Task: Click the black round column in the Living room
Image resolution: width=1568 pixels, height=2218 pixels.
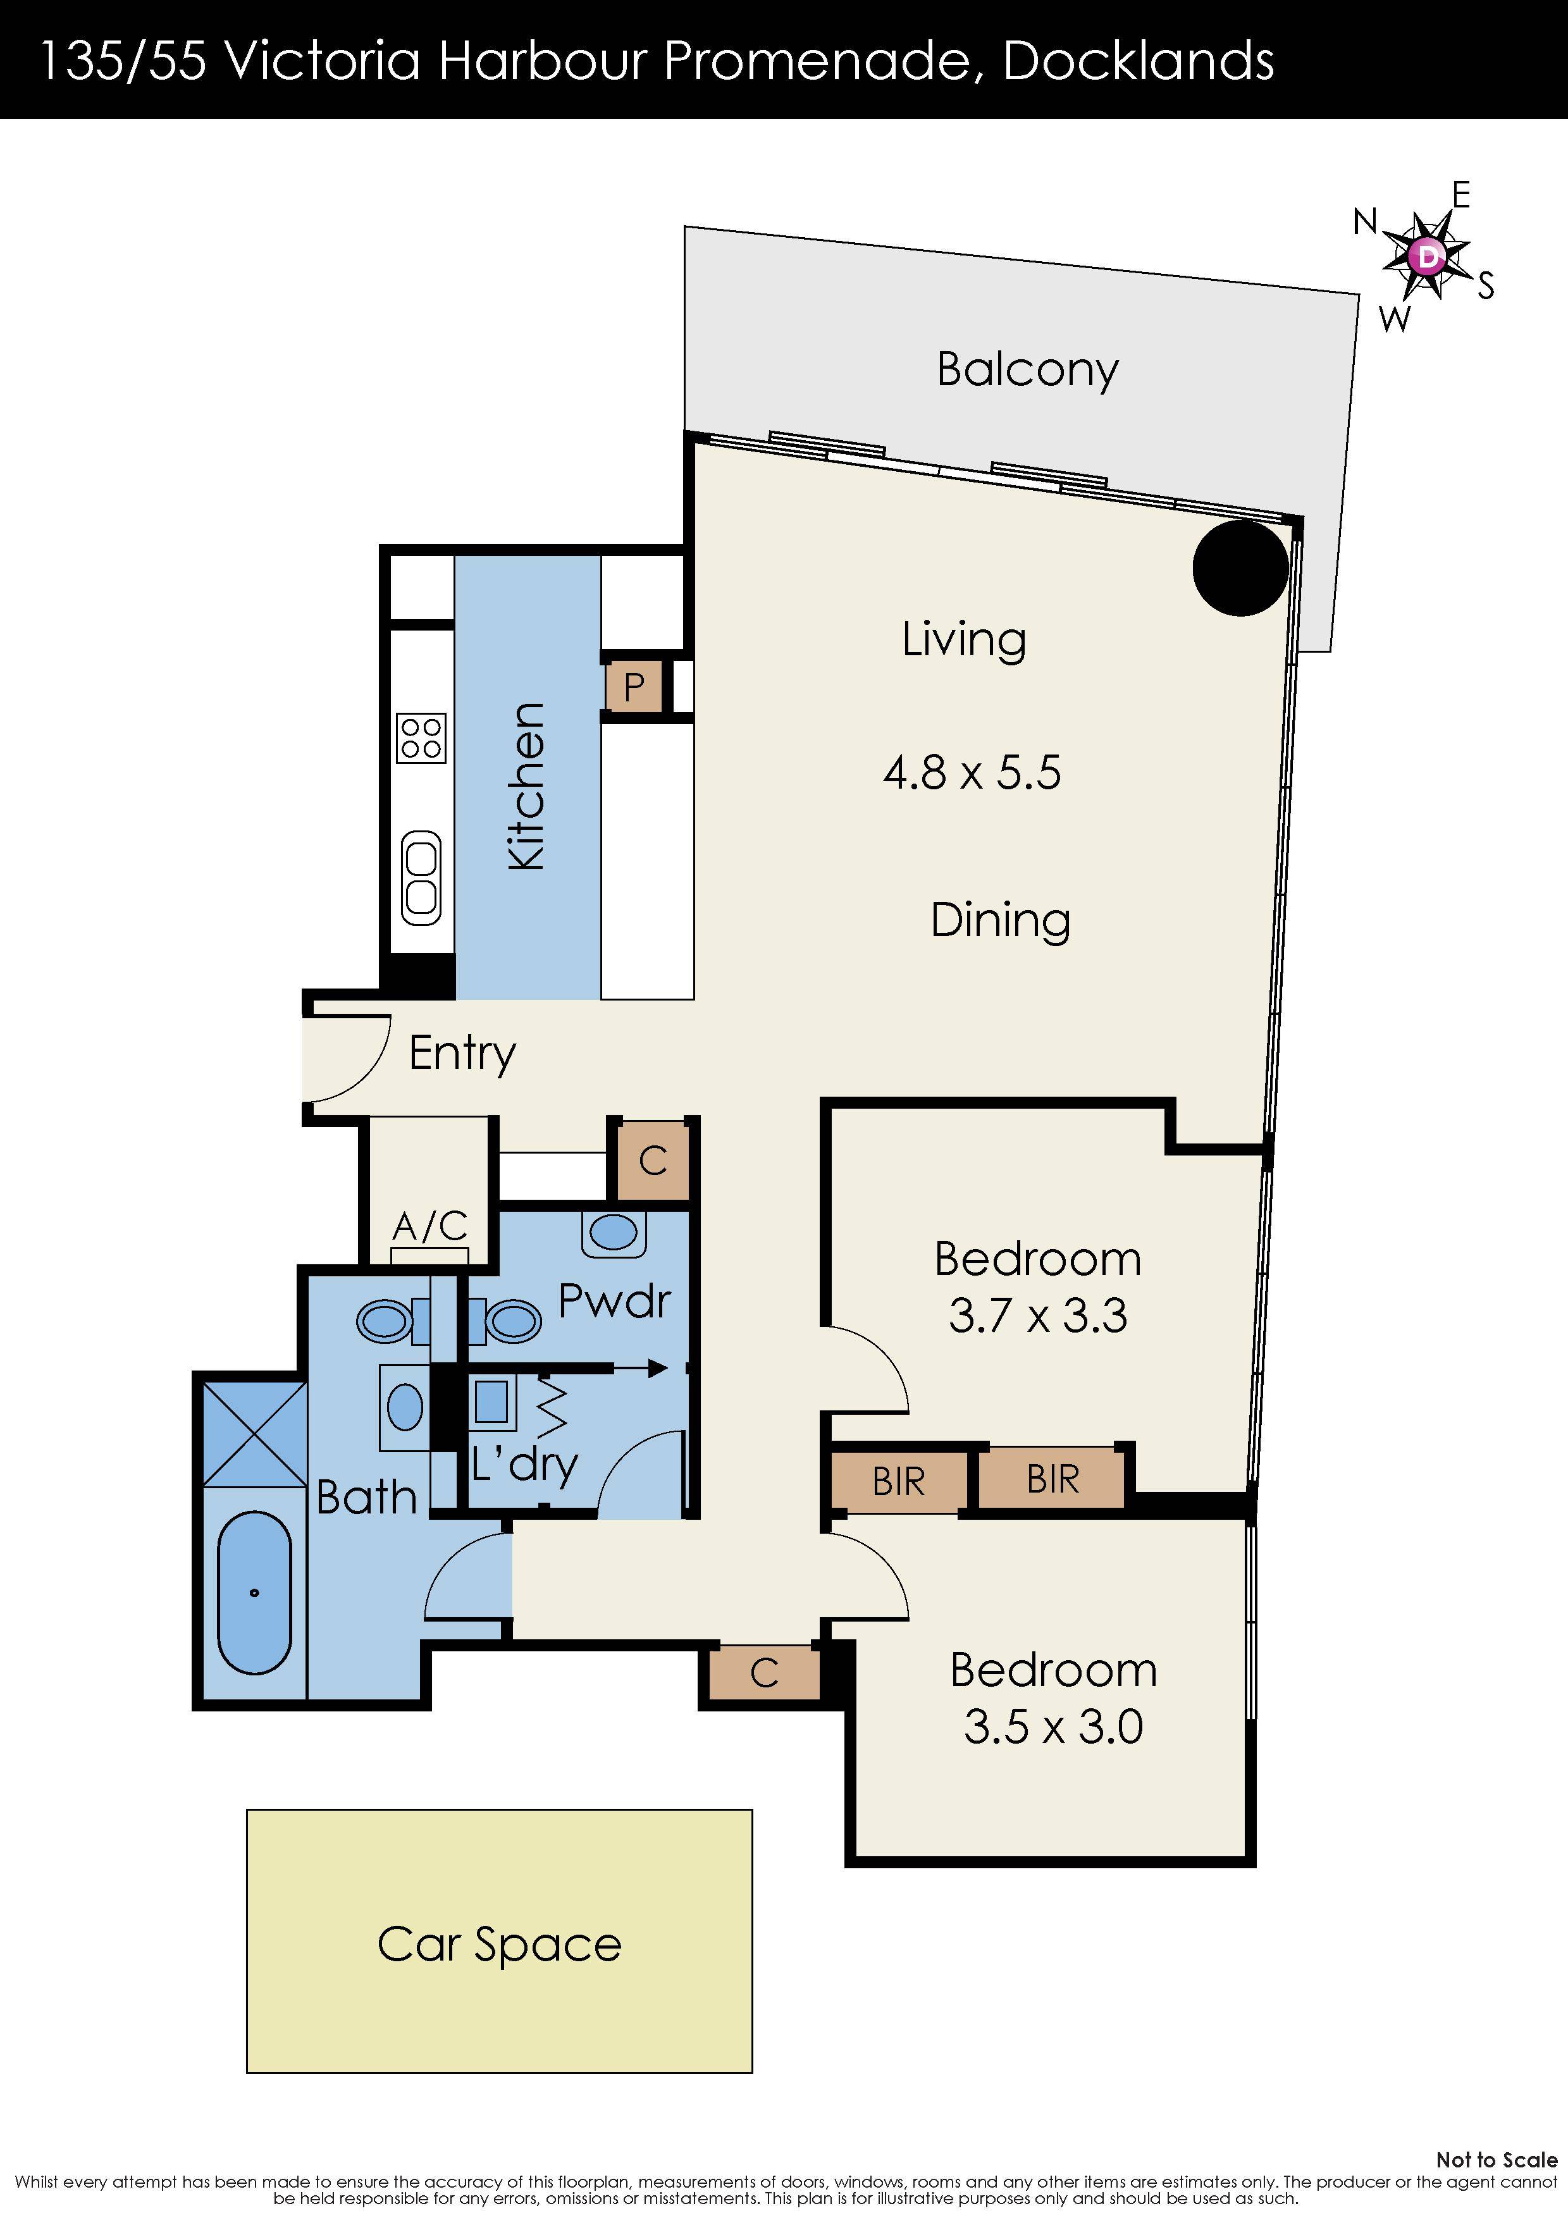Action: tap(1240, 568)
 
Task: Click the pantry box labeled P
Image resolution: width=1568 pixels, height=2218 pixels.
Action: tap(634, 687)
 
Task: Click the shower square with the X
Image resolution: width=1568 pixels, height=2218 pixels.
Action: tap(255, 1434)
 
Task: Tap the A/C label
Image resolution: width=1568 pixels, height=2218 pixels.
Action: tap(430, 1227)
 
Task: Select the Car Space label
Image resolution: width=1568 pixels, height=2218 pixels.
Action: tap(500, 1945)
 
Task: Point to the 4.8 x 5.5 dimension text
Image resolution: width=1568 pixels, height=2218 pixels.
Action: tap(972, 773)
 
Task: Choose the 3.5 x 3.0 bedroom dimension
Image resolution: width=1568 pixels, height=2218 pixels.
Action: tap(1053, 1727)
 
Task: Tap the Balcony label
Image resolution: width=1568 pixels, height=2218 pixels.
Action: tap(1028, 370)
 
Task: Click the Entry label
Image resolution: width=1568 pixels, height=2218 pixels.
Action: tap(463, 1054)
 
